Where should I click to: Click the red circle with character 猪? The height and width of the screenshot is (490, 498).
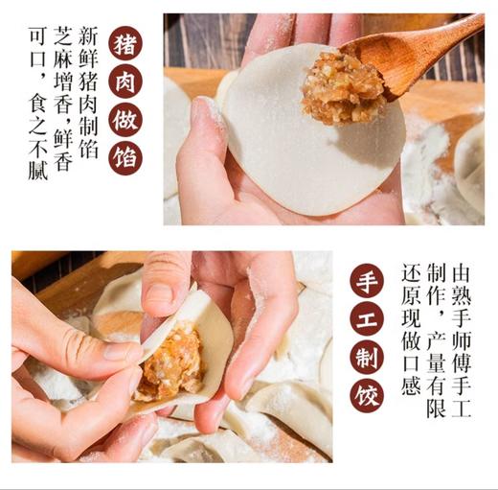coord(125,43)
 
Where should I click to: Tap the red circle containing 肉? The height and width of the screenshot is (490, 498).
coord(125,82)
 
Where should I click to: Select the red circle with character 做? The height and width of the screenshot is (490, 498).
coord(125,121)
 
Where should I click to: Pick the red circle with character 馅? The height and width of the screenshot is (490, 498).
coord(125,158)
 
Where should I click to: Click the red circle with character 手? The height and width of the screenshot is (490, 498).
coord(367,279)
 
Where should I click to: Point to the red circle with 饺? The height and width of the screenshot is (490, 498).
coord(367,394)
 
